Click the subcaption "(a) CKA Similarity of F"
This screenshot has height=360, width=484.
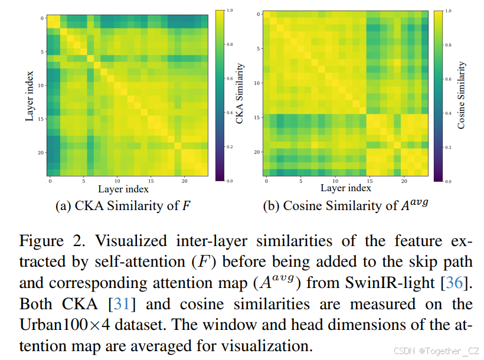pyautogui.click(x=123, y=206)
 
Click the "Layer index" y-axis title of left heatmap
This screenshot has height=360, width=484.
pyautogui.click(x=29, y=94)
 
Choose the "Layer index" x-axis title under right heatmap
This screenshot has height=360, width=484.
pyautogui.click(x=346, y=188)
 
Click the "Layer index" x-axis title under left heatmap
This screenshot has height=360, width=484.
pyautogui.click(x=123, y=189)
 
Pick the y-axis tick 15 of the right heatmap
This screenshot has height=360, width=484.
pyautogui.click(x=257, y=118)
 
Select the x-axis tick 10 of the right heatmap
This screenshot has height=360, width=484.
pyautogui.click(x=335, y=180)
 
